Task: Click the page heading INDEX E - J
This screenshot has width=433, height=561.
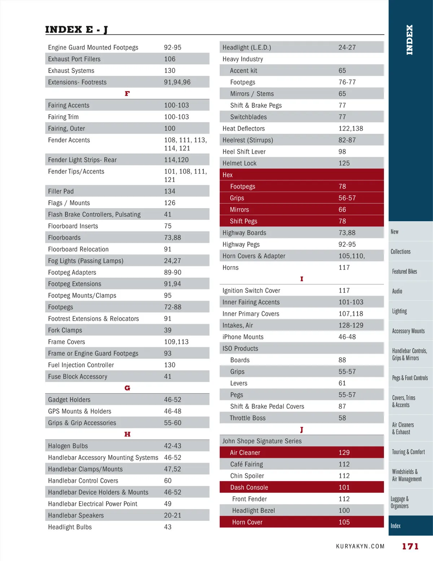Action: (x=76, y=30)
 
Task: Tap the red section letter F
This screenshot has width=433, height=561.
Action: (x=127, y=93)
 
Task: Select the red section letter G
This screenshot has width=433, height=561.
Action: (x=127, y=388)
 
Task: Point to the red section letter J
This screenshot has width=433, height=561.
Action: (x=302, y=430)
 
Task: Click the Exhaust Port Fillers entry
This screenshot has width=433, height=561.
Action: (x=74, y=59)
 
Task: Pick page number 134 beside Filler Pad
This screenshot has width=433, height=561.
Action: (x=170, y=191)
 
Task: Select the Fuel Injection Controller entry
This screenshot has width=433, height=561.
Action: (x=81, y=365)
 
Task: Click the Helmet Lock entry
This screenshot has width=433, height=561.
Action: (x=239, y=163)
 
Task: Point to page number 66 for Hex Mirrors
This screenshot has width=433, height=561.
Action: (x=342, y=209)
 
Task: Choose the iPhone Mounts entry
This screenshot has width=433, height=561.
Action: (x=243, y=337)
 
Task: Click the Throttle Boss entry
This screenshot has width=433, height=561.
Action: (x=248, y=418)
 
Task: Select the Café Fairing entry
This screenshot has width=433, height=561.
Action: (x=246, y=464)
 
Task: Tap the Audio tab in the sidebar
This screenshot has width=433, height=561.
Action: (x=397, y=291)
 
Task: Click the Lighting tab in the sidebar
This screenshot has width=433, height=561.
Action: (x=399, y=311)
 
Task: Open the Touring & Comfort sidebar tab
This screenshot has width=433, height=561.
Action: (x=408, y=452)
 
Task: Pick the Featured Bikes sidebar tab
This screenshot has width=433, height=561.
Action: (x=404, y=271)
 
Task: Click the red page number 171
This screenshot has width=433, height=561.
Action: (x=410, y=547)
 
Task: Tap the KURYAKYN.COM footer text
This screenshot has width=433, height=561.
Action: (x=360, y=547)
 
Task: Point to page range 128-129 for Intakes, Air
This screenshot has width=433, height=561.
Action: (x=351, y=325)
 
